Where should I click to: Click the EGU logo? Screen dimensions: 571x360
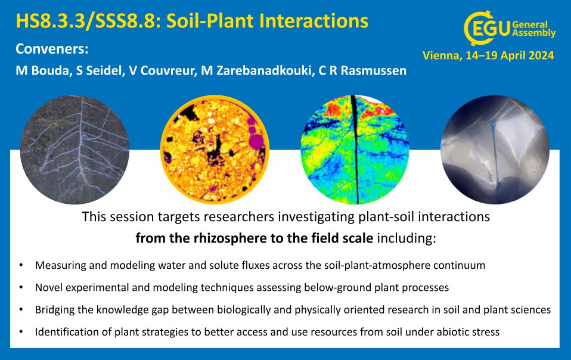tap(510, 28)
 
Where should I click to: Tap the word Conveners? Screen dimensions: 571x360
tap(52, 49)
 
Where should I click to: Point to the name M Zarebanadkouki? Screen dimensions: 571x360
tap(257, 70)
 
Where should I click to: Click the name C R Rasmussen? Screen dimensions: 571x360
tap(362, 70)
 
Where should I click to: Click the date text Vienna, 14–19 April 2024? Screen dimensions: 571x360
tap(488, 55)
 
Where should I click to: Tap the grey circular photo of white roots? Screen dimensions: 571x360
tap(75, 150)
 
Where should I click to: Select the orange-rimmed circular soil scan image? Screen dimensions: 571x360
tap(215, 150)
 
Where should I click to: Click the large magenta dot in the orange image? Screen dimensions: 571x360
tap(256, 141)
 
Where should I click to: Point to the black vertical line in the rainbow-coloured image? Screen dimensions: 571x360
tap(355, 149)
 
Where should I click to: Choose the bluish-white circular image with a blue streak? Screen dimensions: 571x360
tap(495, 150)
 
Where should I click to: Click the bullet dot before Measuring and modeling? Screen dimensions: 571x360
tap(21, 265)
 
